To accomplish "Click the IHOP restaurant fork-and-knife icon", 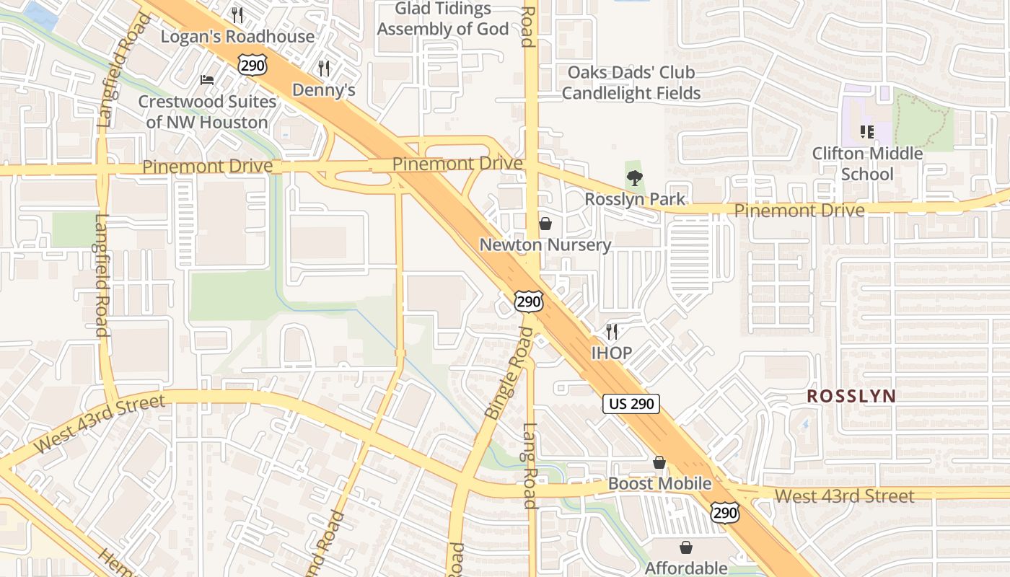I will (x=612, y=332).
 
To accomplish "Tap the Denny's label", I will (x=324, y=90).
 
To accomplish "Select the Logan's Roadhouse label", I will (x=237, y=37).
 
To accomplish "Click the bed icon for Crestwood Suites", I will (x=207, y=79).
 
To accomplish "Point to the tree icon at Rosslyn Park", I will (x=634, y=178).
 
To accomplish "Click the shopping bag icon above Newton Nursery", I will (x=545, y=224).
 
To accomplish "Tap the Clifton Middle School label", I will (x=867, y=164).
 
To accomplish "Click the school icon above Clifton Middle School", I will (x=867, y=132).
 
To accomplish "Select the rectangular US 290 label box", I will (x=631, y=404).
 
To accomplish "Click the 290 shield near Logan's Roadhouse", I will (x=252, y=66).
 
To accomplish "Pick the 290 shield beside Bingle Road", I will (x=529, y=301).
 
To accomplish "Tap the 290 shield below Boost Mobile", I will (x=724, y=512).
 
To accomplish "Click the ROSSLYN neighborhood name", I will (x=851, y=396).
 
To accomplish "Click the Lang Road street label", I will (x=530, y=465).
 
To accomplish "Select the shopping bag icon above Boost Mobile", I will (x=659, y=462).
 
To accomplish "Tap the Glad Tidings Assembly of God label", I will (x=443, y=19).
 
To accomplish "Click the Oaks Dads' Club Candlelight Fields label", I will (x=631, y=83).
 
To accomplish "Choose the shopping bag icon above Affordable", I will (x=685, y=548).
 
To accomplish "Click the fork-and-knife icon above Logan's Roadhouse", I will (x=237, y=14).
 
